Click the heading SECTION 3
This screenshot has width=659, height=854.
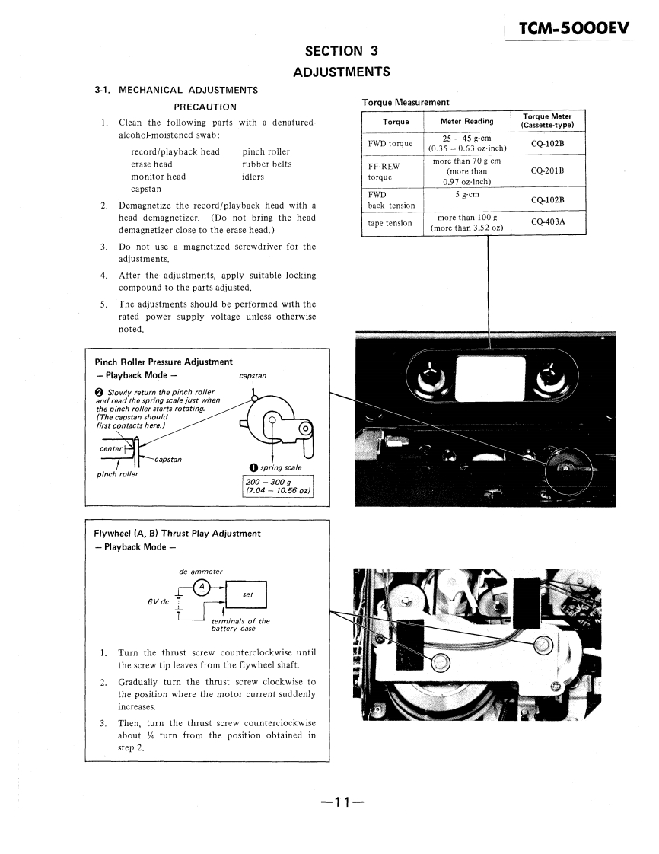pyautogui.click(x=342, y=52)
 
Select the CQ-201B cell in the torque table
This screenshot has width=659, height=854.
pyautogui.click(x=547, y=171)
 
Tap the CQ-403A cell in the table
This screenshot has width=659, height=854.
pyautogui.click(x=547, y=222)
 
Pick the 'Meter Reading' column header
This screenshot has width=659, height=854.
pyautogui.click(x=466, y=121)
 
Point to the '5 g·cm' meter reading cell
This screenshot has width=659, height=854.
pyautogui.click(x=466, y=194)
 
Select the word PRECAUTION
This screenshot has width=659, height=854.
pyautogui.click(x=205, y=107)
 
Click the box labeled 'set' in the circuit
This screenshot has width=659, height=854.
pyautogui.click(x=247, y=595)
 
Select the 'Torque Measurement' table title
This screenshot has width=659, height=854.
pyautogui.click(x=406, y=102)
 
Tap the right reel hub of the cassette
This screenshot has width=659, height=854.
pyautogui.click(x=547, y=376)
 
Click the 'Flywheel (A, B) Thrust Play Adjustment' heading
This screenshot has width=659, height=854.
pyautogui.click(x=177, y=534)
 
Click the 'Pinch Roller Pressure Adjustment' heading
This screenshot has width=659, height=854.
pyautogui.click(x=164, y=362)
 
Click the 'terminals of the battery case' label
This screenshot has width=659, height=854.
pyautogui.click(x=240, y=625)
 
